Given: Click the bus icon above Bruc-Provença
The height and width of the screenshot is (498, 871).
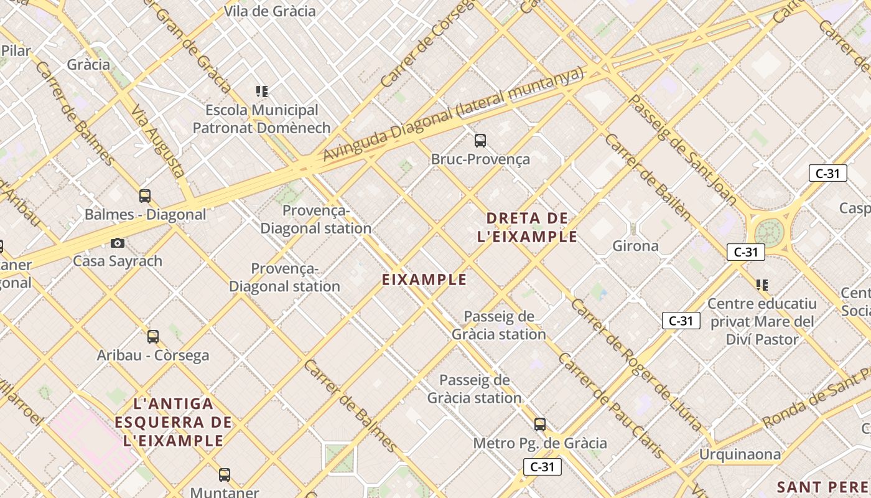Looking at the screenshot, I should point(480,141).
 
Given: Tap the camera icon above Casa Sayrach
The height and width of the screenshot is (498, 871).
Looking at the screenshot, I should point(118,243).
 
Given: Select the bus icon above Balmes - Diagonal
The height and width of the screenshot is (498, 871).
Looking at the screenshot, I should point(145,196).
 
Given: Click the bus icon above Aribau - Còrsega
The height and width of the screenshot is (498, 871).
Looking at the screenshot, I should point(153,337).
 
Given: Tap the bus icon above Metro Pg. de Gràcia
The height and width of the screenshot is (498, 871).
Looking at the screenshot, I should point(540,425).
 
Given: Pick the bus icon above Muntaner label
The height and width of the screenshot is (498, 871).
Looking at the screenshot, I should point(225,475).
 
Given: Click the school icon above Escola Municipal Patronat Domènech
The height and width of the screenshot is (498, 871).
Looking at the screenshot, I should point(262,92).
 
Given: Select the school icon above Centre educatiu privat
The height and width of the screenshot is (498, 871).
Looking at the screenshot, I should point(762,285).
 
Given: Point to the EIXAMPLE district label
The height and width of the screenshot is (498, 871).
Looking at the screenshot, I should point(424,280).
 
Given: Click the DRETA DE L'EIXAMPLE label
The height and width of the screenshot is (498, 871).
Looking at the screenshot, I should point(528,227).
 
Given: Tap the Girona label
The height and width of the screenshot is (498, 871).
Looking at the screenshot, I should point(635,246).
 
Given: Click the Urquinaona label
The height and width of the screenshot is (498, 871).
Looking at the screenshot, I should point(740,454).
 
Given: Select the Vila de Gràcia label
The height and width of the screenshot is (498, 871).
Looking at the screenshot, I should point(270,11).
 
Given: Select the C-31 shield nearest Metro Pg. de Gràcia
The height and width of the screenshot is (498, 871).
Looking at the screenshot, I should point(543,467).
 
